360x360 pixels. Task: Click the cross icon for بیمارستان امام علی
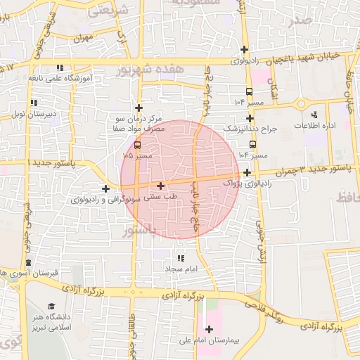pos(209,328)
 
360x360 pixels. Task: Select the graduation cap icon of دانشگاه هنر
pos(51,306)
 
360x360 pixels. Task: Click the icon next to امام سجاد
pos(181,259)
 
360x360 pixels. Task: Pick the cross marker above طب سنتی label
pos(162,186)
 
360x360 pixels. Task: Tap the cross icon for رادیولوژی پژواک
pos(247,172)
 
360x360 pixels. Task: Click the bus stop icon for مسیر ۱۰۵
pos(137,145)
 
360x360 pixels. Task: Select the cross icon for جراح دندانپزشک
pos(250,118)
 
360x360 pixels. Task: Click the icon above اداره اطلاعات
pos(314,114)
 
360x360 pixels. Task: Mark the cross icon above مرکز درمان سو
pos(139,108)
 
